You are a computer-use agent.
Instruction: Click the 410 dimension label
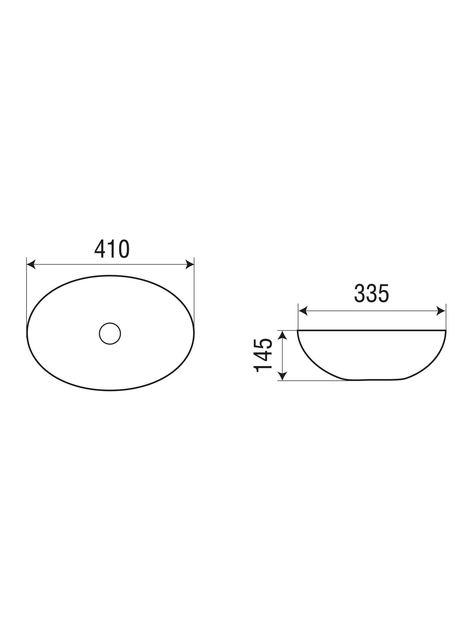112,249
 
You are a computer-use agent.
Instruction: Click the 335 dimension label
371,293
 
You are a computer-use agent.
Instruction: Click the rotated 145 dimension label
262,356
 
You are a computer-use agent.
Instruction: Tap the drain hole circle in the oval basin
110,334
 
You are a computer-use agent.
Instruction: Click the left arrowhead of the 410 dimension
31,264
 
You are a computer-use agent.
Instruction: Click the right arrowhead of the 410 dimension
189,264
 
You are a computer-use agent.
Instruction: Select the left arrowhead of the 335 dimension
303,311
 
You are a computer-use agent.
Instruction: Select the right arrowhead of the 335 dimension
441,311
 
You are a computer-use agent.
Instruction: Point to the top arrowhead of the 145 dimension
282,335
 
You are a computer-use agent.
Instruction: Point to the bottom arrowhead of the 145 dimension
282,376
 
